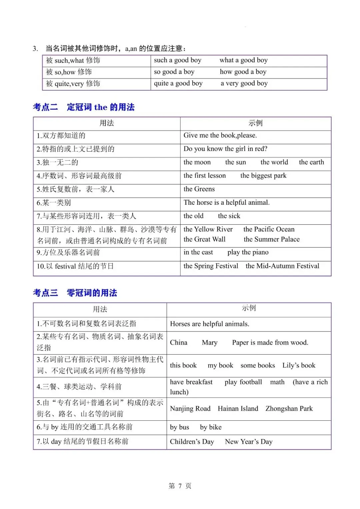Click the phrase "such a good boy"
click(x=177, y=60)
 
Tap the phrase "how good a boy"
click(x=243, y=72)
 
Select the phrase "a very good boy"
click(x=244, y=83)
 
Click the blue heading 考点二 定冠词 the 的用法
click(x=84, y=107)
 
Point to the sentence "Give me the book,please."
click(x=220, y=135)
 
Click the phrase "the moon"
click(x=197, y=162)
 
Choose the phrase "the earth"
click(x=311, y=162)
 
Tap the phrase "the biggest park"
click(x=263, y=176)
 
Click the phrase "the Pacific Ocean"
click(x=269, y=229)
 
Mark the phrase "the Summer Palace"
click(x=271, y=239)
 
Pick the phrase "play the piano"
click(x=248, y=252)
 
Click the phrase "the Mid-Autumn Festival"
click(x=282, y=266)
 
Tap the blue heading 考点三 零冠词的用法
click(x=75, y=293)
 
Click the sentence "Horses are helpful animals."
click(x=209, y=324)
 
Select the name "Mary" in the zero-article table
click(x=209, y=343)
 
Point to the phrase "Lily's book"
click(x=299, y=366)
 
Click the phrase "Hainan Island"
click(x=238, y=409)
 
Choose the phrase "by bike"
click(x=211, y=427)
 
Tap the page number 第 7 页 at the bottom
click(x=180, y=486)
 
